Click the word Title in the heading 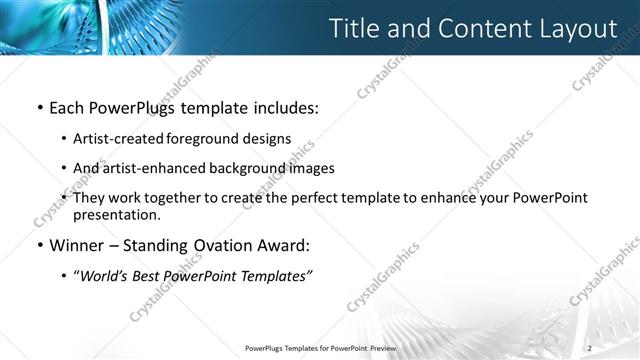pos(356,29)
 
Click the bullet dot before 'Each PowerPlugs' pos(39,107)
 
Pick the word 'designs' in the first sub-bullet pos(267,138)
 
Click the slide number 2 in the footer pos(590,348)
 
